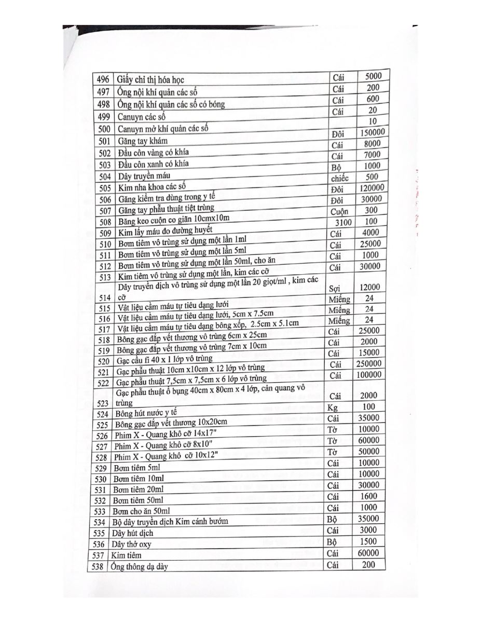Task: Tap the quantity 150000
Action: pos(372,132)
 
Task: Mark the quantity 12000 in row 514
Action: pos(369,287)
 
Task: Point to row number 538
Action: pos(98,567)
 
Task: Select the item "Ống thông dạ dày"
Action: pos(140,566)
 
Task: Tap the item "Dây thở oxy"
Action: pos(131,545)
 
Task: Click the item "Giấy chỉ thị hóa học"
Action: pos(151,80)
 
